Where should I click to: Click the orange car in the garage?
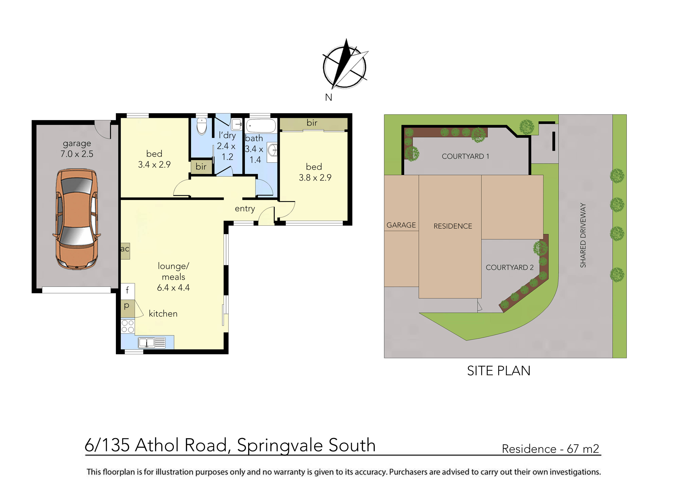[77, 219]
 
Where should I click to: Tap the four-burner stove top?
[128, 326]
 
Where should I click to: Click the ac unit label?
[125, 249]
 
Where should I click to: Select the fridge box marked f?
[128, 290]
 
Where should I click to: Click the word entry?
[245, 209]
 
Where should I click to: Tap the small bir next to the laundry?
[201, 167]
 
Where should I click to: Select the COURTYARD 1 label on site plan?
[465, 156]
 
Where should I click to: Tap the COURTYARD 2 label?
[510, 268]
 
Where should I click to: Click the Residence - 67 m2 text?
[550, 449]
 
